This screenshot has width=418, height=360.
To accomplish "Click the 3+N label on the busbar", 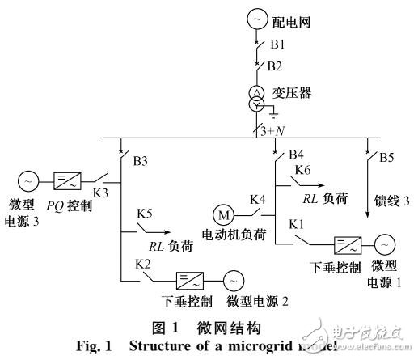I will coord(275,131).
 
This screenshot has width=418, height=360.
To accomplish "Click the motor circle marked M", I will coord(222,214).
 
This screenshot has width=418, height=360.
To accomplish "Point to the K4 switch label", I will coord(257,198).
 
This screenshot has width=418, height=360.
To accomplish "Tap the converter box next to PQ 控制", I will coord(69,180).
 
